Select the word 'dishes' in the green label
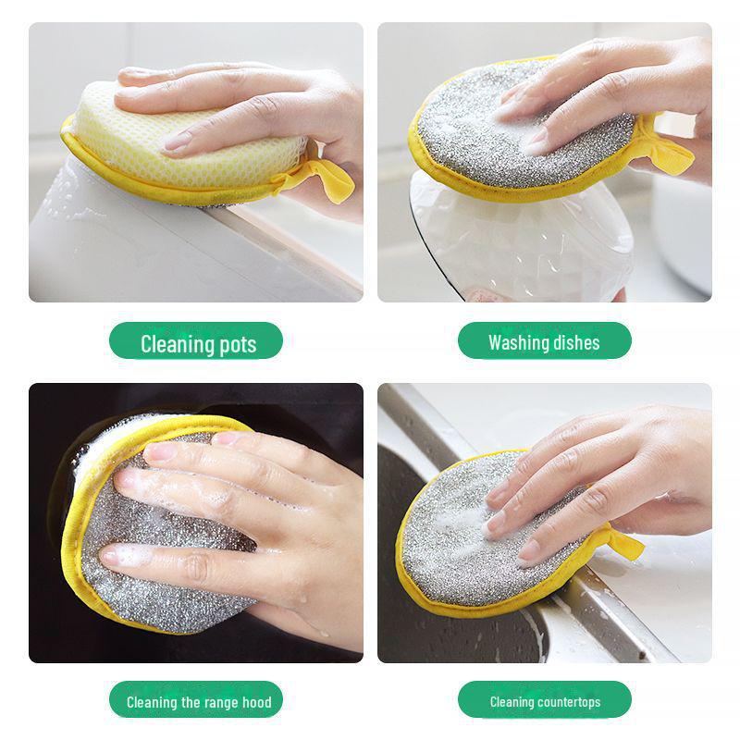point(577,343)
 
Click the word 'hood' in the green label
point(255,702)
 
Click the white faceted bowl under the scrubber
point(518,245)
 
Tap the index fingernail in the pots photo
point(177,142)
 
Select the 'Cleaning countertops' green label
point(545,702)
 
